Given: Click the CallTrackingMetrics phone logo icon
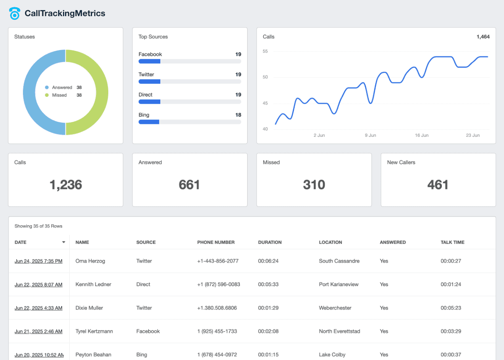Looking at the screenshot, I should point(15,13).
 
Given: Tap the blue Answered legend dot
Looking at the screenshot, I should point(47,87).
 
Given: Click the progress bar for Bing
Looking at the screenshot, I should point(189,122).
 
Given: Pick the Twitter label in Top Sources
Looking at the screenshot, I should point(146,74).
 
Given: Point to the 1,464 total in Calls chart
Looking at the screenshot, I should point(483,37).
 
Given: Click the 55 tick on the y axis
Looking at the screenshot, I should point(265,51).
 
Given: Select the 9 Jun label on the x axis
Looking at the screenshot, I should point(370,135).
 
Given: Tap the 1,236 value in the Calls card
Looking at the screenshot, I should point(65,185).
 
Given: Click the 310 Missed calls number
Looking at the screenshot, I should point(314,185).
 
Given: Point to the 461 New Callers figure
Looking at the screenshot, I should point(438,185).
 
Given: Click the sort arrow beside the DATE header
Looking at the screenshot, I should point(63,242).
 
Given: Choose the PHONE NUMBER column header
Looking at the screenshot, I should point(216,242).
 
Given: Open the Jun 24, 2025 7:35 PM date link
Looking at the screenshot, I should point(38,261).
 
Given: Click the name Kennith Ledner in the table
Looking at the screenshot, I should point(93,285).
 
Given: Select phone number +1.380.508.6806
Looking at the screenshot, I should point(217,308).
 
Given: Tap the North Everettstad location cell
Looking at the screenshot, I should point(339,331).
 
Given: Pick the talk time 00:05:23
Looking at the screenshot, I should point(451,308).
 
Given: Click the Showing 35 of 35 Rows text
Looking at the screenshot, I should point(38,226).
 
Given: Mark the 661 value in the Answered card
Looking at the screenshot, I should point(189,185).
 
